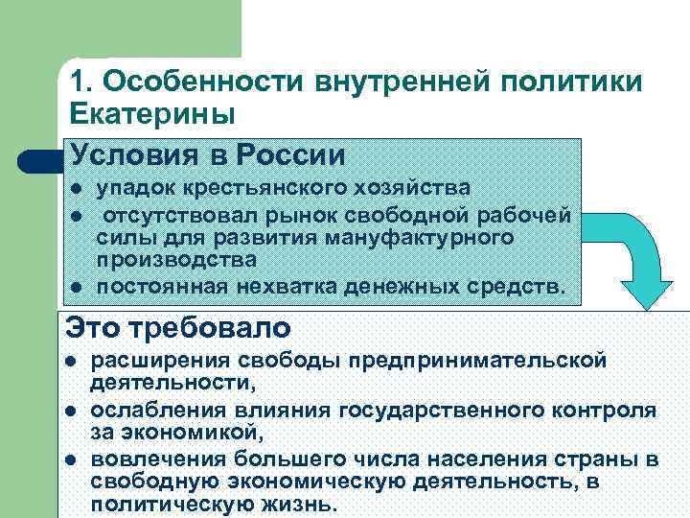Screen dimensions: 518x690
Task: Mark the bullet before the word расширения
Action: pos(71,362)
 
